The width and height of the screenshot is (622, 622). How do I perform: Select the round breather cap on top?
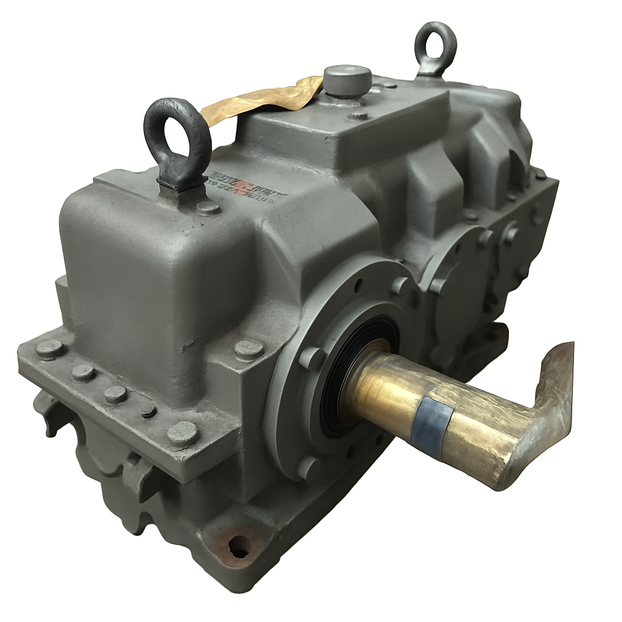click(x=347, y=80)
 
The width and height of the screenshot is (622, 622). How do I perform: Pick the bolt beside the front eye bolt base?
click(x=208, y=208)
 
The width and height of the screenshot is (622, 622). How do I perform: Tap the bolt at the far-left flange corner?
click(x=50, y=349)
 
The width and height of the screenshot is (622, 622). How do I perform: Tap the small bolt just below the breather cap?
click(x=358, y=114)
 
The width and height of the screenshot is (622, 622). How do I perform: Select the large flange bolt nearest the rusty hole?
click(x=183, y=433)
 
